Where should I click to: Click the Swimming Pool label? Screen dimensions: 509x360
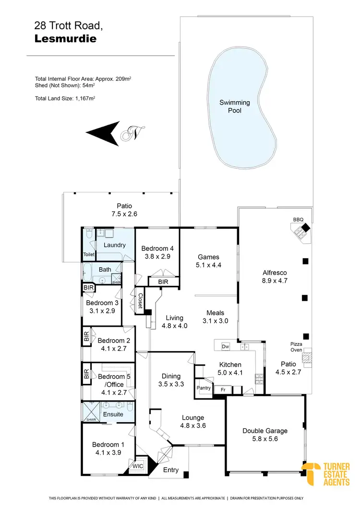pos(235,106)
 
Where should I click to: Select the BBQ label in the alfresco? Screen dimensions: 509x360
pos(299,220)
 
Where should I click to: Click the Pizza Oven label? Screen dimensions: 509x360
pos(296,347)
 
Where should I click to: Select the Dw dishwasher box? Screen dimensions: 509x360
pos(225,346)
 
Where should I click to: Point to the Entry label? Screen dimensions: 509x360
pos(171,470)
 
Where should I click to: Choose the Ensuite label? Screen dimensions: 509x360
pos(113,414)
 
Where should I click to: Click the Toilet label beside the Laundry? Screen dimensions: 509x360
pos(89,255)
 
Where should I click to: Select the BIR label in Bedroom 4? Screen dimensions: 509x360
pos(163,282)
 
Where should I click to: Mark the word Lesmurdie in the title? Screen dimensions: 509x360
pos(65,39)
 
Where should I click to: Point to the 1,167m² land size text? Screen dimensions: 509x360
pos(86,98)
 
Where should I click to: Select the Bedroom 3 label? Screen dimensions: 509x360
pos(102,303)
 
